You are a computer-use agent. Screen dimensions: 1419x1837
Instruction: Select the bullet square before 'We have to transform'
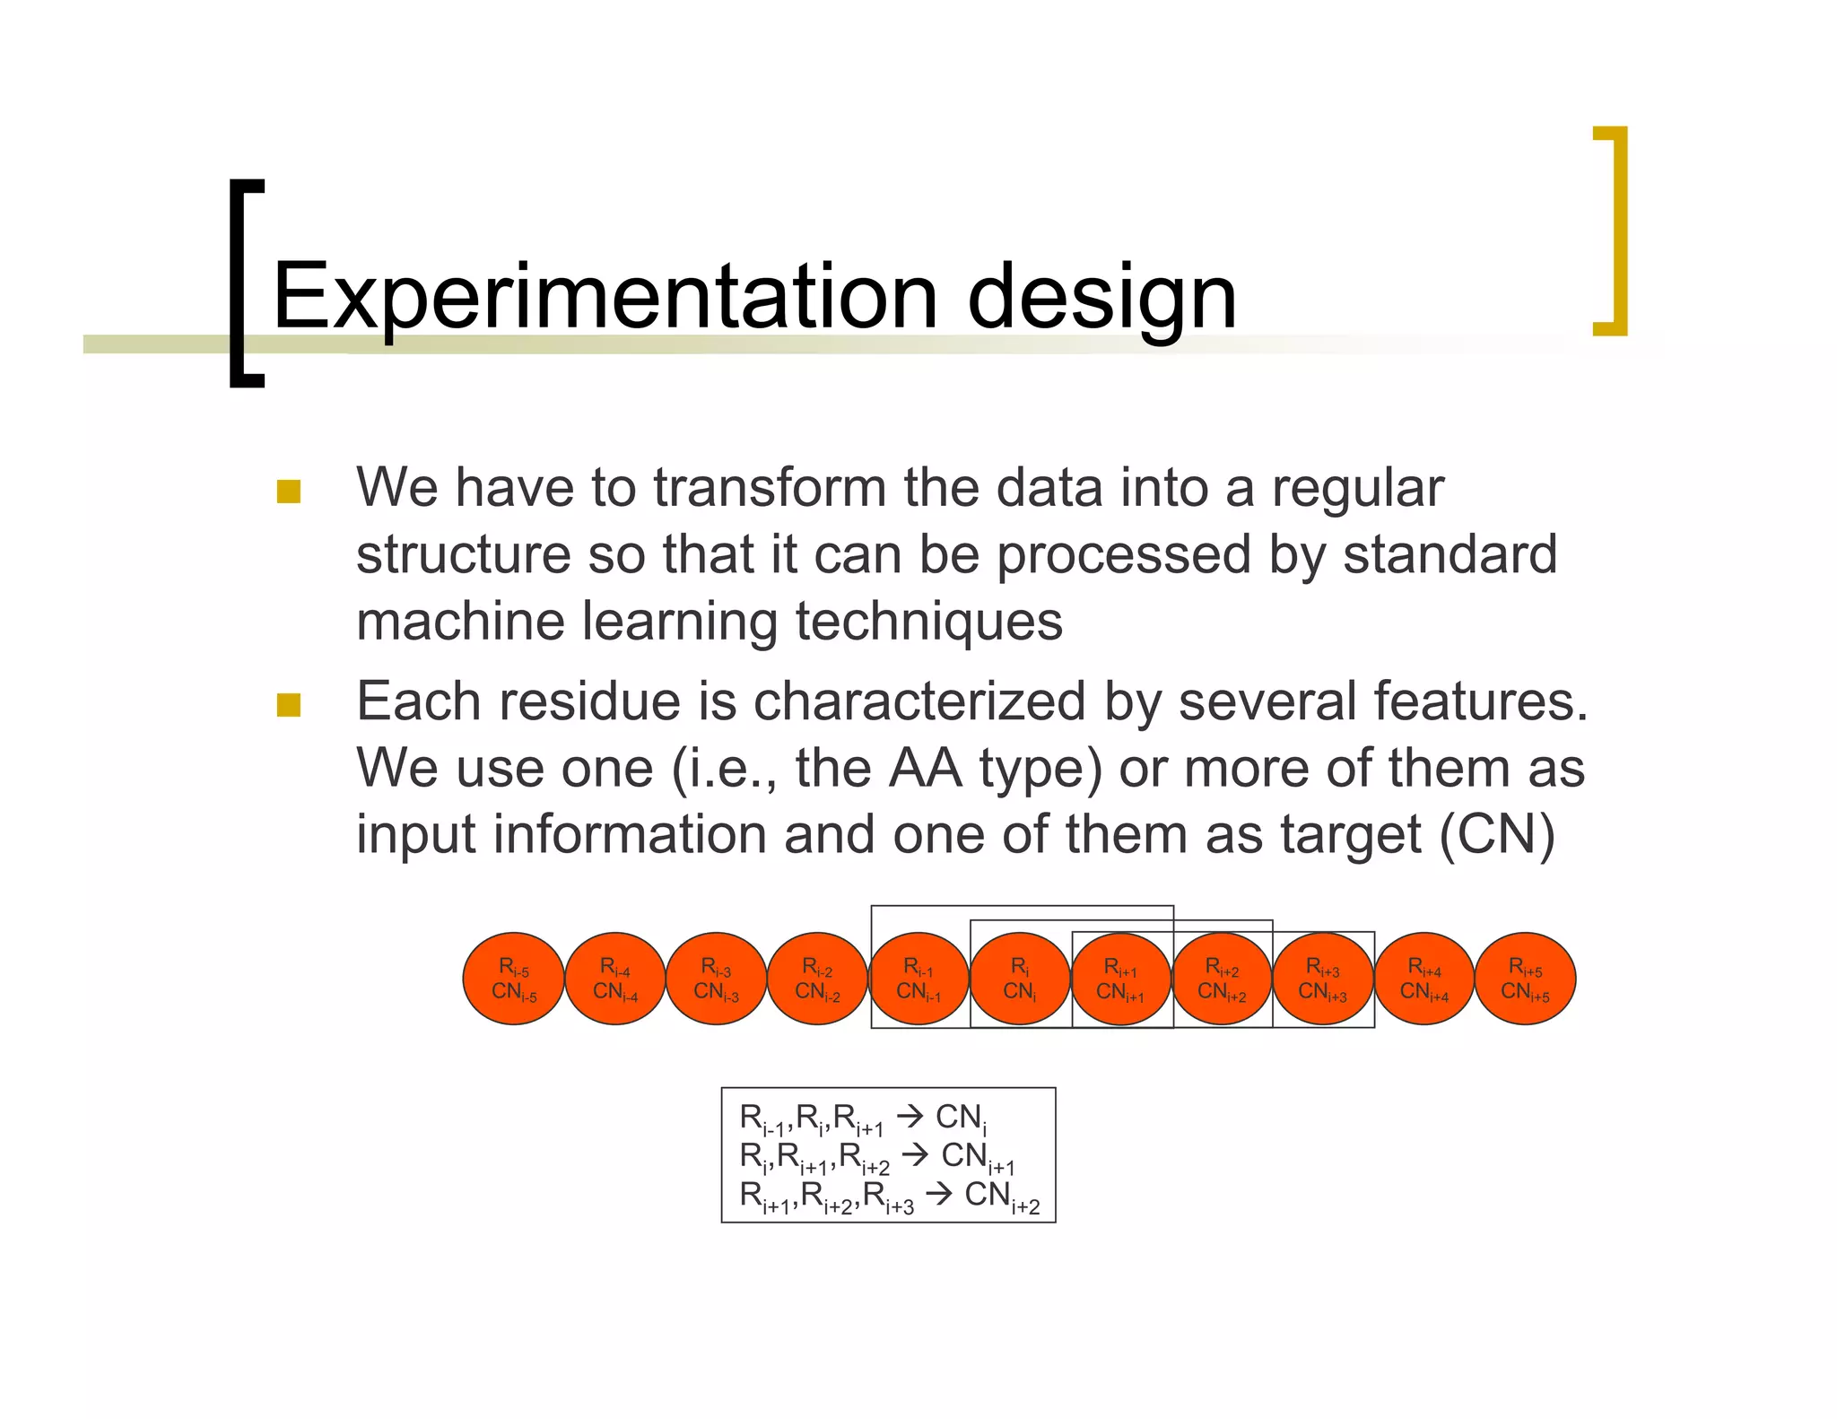coord(289,492)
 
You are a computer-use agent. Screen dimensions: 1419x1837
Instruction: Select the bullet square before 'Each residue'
coord(289,705)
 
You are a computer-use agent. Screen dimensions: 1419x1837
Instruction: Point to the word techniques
coord(928,621)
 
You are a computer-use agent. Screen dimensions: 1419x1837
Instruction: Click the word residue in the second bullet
coord(588,701)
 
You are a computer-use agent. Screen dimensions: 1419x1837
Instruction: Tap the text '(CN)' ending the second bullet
coord(1496,834)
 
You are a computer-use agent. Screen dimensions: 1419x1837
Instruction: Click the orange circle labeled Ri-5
coord(514,979)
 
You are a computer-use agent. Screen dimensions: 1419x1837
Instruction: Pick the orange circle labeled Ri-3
coord(716,979)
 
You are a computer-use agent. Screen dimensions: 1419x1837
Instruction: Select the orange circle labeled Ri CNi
coord(1020,979)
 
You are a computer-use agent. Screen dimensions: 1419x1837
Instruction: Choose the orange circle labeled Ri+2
coord(1222,979)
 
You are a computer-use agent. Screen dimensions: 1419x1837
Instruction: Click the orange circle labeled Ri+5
coord(1525,979)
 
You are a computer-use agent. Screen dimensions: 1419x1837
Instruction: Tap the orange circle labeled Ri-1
coord(918,979)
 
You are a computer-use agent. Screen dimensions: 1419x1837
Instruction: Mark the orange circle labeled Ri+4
coord(1424,979)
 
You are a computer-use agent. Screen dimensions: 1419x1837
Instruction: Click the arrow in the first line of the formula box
coord(910,1117)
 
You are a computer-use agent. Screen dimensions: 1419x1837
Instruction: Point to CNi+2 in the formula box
coord(1001,1196)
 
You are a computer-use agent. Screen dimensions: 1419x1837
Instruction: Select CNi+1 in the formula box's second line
coord(977,1157)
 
